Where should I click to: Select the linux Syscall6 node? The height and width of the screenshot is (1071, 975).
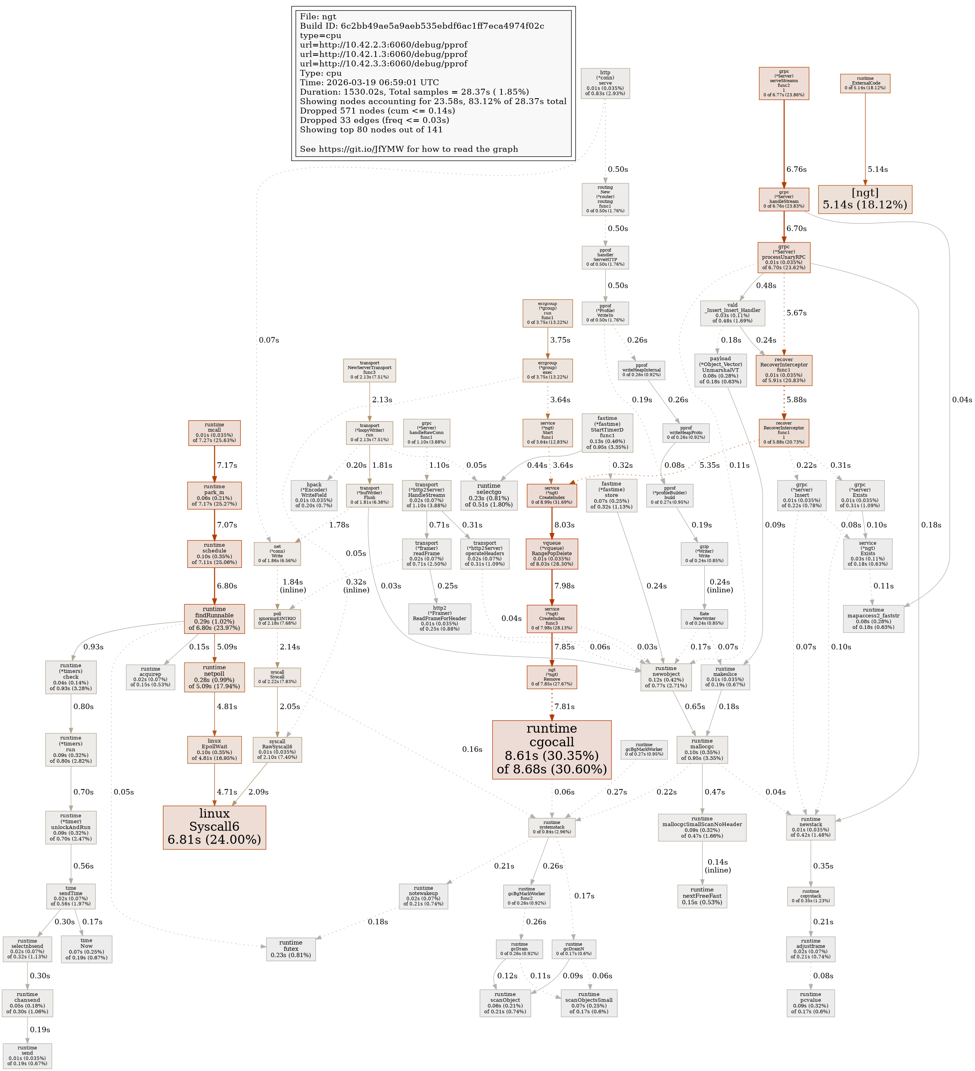[x=214, y=827]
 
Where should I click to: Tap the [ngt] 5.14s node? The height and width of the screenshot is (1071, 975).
[x=865, y=199]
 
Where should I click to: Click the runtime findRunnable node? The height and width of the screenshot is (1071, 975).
[x=214, y=619]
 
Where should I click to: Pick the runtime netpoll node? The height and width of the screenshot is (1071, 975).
[x=214, y=676]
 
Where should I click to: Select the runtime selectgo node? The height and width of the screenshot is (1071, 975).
[x=488, y=495]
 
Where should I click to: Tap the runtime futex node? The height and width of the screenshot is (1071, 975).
[x=291, y=948]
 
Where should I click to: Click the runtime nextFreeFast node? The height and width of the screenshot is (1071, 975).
[x=702, y=896]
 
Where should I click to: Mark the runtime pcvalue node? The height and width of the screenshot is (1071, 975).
[x=810, y=1003]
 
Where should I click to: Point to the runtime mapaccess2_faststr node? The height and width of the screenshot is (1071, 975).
[x=873, y=619]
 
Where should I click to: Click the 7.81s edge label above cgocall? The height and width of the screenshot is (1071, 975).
[x=565, y=707]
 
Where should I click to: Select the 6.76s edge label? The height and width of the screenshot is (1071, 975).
[x=796, y=170]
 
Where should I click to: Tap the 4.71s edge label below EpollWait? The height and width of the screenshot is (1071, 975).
[x=227, y=791]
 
